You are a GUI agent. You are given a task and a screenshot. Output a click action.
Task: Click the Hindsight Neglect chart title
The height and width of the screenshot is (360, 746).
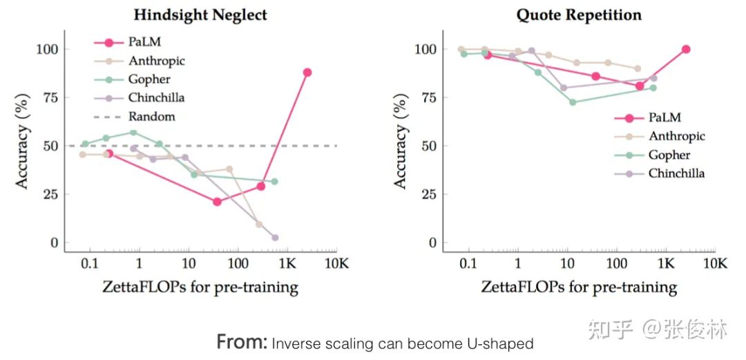(x=200, y=15)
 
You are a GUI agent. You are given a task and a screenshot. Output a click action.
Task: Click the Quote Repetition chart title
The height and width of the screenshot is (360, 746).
(x=579, y=15)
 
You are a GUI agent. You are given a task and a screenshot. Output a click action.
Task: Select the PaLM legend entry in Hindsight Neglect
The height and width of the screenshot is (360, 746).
(x=144, y=43)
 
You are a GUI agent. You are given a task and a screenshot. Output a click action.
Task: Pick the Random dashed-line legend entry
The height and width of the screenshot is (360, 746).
(x=152, y=117)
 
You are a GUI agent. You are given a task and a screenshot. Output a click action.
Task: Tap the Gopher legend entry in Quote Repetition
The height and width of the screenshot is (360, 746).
(x=669, y=155)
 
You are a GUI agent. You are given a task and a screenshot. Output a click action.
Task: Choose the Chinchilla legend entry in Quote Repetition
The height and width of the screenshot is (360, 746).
(x=676, y=173)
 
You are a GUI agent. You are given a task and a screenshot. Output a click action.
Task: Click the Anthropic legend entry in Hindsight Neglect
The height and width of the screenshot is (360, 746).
(x=156, y=61)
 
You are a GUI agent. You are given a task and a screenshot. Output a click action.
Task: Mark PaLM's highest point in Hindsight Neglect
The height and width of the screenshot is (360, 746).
(x=307, y=73)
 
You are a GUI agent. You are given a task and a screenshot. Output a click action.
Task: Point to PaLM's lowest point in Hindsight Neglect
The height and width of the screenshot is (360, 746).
(x=217, y=202)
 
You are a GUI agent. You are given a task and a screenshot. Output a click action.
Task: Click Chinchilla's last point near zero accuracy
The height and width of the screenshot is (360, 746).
(x=275, y=238)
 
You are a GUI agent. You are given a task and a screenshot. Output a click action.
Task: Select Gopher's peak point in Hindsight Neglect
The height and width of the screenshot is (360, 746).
(x=133, y=133)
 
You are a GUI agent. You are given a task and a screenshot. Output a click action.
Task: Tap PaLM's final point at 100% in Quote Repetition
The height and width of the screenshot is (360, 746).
(x=686, y=49)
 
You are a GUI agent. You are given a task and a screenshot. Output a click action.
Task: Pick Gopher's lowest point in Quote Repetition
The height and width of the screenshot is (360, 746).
(x=573, y=102)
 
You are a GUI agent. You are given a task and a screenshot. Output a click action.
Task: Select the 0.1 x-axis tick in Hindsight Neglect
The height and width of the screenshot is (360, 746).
(x=89, y=264)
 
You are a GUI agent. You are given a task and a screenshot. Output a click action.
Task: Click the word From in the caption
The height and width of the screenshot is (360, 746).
(x=241, y=341)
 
